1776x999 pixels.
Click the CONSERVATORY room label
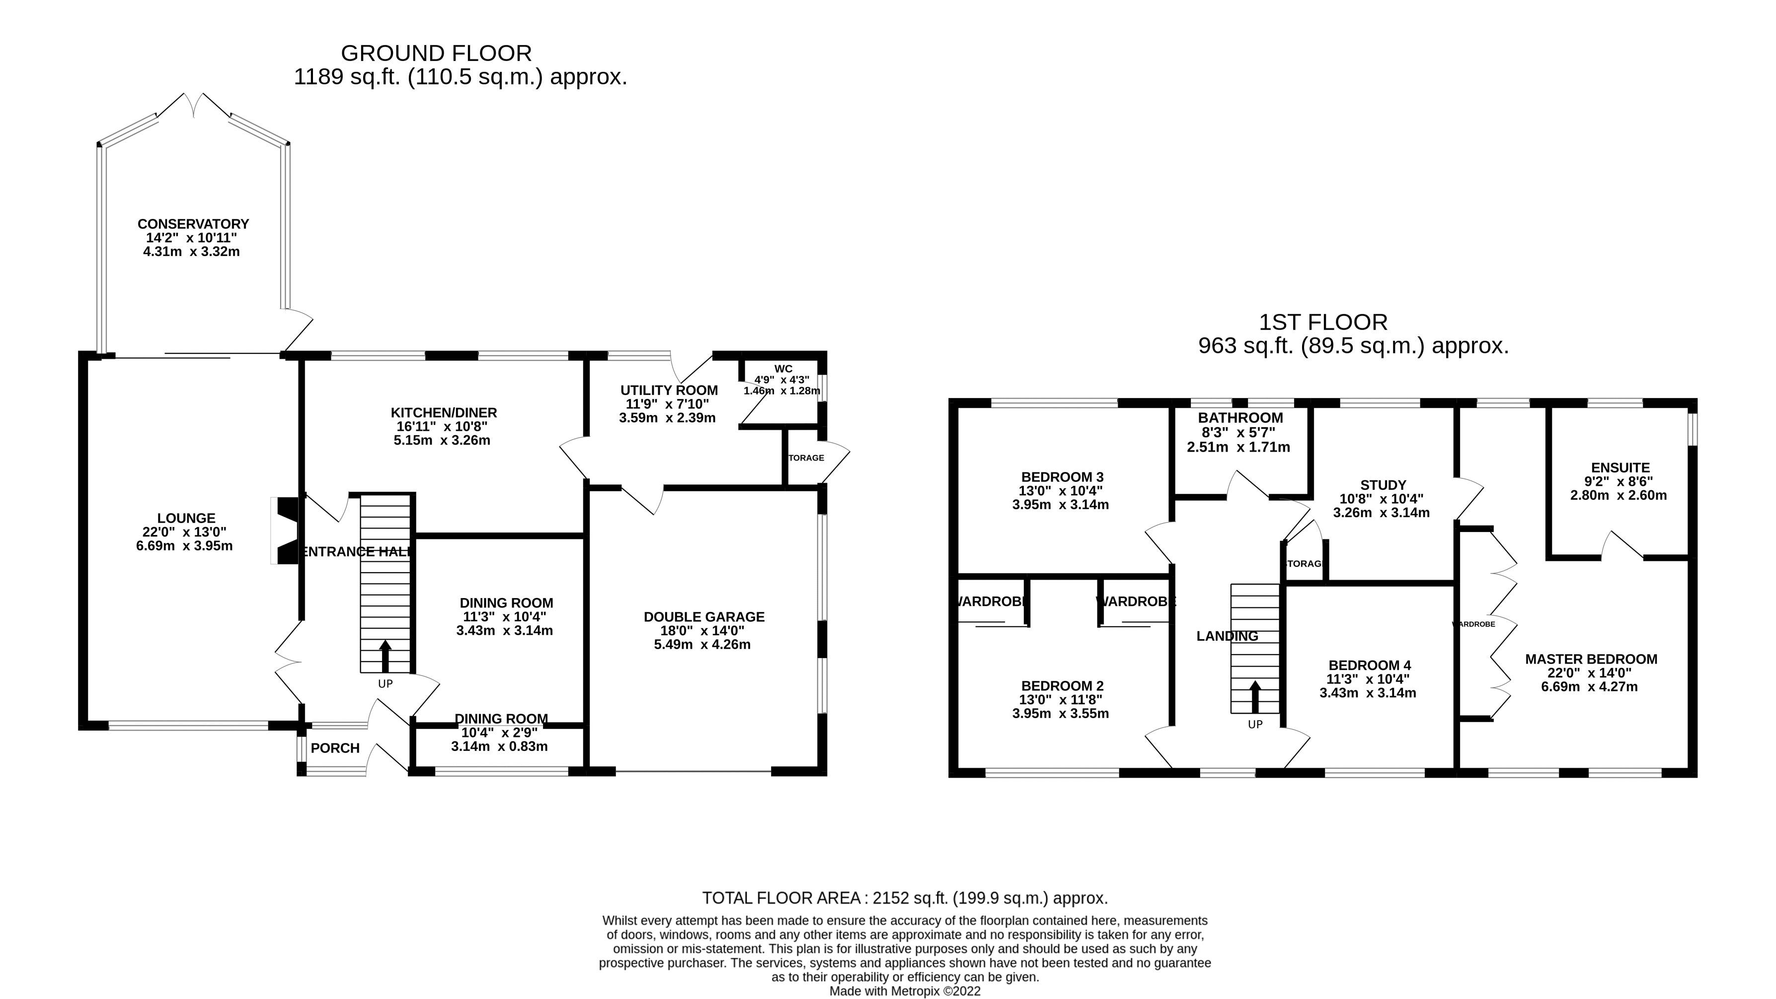tap(193, 224)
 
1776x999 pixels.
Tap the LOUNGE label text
tap(186, 518)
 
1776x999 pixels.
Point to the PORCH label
tap(335, 748)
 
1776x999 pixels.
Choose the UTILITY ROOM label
tap(669, 391)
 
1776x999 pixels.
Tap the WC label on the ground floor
tap(783, 369)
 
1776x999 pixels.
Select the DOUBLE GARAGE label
tap(704, 617)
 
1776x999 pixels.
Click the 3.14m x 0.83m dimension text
tap(500, 746)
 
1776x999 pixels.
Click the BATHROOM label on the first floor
tap(1240, 417)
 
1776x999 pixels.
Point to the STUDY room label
tap(1383, 485)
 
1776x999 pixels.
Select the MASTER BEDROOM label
tap(1591, 659)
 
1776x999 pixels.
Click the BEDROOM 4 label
tap(1369, 665)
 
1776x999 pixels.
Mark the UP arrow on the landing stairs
tap(1255, 697)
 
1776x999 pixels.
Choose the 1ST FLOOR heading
tap(1323, 323)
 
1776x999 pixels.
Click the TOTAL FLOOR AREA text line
tap(905, 898)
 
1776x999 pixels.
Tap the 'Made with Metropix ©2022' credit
tap(905, 991)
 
